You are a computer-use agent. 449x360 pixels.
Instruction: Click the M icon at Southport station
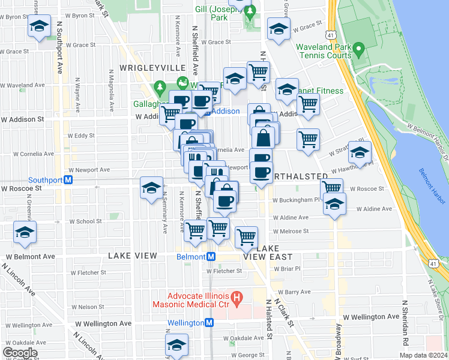pos(68,179)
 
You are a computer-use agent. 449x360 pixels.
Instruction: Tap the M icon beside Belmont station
pos(211,256)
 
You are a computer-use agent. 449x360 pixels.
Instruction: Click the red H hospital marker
pos(237,296)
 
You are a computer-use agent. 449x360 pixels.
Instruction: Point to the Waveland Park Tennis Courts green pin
pos(359,47)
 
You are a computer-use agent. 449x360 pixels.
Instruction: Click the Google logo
pos(20,353)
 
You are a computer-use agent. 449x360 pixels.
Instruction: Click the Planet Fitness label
pos(322,91)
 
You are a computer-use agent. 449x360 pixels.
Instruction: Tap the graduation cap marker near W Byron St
pos(39,26)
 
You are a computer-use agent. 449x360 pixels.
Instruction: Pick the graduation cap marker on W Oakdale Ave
pos(177,344)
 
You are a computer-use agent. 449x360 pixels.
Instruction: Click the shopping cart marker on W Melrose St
pos(246,236)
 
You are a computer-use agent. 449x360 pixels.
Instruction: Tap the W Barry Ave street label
pos(298,292)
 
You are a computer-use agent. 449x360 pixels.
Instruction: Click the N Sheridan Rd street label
pos(406,323)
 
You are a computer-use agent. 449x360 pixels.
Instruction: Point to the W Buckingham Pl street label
pos(294,200)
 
